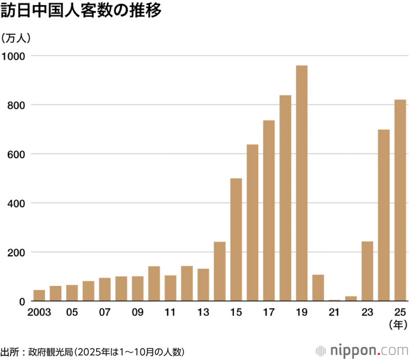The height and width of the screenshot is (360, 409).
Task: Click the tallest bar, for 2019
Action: [302, 183]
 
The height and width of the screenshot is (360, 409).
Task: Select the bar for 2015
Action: [236, 239]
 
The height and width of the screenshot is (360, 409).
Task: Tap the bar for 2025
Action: [400, 200]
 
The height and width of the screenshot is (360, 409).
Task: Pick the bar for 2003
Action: [39, 296]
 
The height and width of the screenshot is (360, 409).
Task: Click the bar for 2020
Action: [318, 288]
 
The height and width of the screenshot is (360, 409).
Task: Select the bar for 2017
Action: [269, 210]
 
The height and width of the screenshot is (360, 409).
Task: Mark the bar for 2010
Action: [154, 284]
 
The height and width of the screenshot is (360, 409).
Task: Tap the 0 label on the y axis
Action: [22, 301]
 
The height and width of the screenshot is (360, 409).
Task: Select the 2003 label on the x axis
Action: [39, 312]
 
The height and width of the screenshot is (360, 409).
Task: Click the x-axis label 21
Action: [334, 312]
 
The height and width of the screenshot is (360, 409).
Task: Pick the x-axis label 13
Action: [203, 312]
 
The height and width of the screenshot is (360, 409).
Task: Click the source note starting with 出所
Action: [92, 352]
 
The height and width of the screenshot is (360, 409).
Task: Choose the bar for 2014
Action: [220, 271]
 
